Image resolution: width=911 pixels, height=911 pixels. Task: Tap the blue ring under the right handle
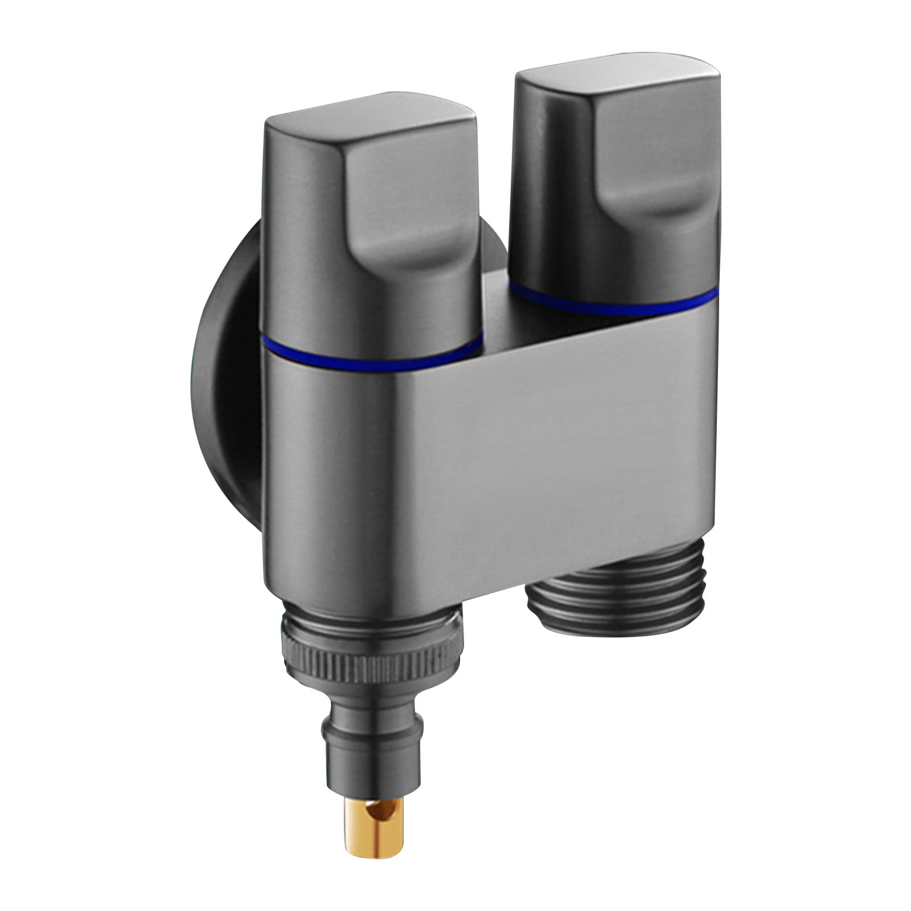click(615, 306)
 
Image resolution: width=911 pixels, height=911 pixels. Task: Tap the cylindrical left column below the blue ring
click(342, 484)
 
